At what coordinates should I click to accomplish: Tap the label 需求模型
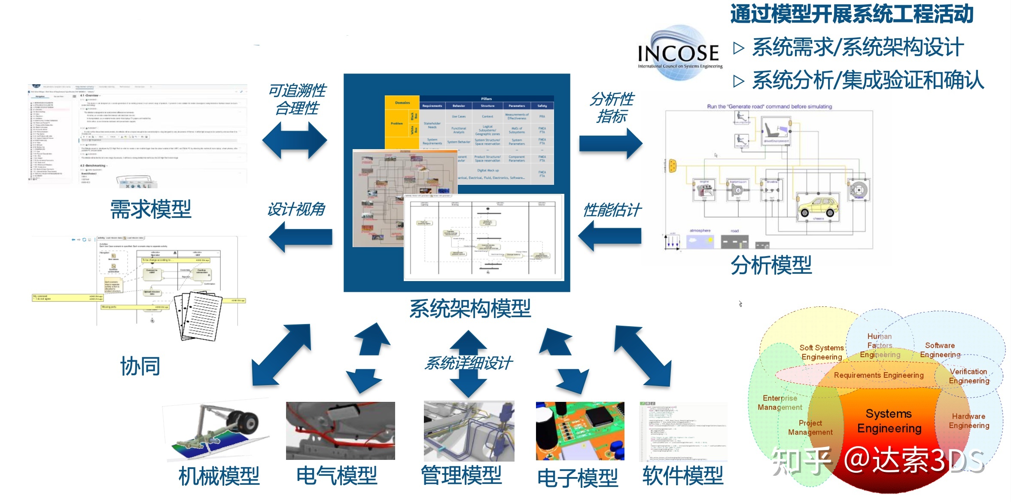pyautogui.click(x=151, y=210)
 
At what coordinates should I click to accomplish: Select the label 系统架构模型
pyautogui.click(x=470, y=309)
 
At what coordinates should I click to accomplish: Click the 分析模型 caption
pyautogui.click(x=771, y=265)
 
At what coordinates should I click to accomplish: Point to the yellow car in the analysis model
pyautogui.click(x=818, y=207)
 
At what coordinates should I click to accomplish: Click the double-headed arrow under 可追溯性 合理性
pyautogui.click(x=295, y=140)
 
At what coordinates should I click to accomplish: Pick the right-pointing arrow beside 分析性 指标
pyautogui.click(x=610, y=144)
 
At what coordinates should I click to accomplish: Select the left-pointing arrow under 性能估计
pyautogui.click(x=609, y=236)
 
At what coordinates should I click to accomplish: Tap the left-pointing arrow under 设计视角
pyautogui.click(x=301, y=237)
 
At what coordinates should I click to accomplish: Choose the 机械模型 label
pyautogui.click(x=219, y=476)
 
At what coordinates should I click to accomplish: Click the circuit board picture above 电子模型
pyautogui.click(x=580, y=431)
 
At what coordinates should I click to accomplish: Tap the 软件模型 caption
pyautogui.click(x=683, y=476)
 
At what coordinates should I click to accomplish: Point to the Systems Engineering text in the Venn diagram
pyautogui.click(x=889, y=421)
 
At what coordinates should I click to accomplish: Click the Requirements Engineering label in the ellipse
pyautogui.click(x=878, y=375)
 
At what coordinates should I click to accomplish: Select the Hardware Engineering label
pyautogui.click(x=969, y=421)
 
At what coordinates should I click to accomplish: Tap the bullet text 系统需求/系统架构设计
pyautogui.click(x=858, y=47)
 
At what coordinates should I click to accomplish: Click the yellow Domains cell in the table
pyautogui.click(x=402, y=103)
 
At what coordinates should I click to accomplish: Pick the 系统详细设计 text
pyautogui.click(x=468, y=364)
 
